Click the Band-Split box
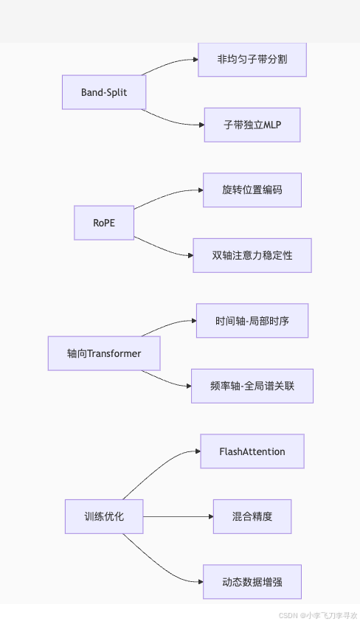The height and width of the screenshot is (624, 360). pos(104,92)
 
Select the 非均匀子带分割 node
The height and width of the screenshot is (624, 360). pos(252,60)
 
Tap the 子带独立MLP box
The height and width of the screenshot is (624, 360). pos(252,125)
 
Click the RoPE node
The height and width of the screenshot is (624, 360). pos(104,222)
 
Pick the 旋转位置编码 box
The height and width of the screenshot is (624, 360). pos(252,190)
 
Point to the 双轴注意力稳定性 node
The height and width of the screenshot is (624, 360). pos(252,255)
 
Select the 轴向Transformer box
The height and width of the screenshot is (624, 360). pos(104,353)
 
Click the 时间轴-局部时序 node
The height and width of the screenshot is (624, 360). pos(252,320)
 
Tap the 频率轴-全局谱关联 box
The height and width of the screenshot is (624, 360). pos(252,386)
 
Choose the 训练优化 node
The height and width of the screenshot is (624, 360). pos(104,516)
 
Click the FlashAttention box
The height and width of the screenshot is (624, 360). pos(252,451)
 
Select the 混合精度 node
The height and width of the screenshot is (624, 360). pos(252,516)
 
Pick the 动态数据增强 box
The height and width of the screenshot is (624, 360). pos(252,581)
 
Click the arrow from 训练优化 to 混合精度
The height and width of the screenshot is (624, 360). pos(177,516)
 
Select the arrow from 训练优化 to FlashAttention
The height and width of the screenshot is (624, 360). pos(159,465)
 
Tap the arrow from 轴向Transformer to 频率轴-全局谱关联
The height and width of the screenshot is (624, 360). pos(167,381)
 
